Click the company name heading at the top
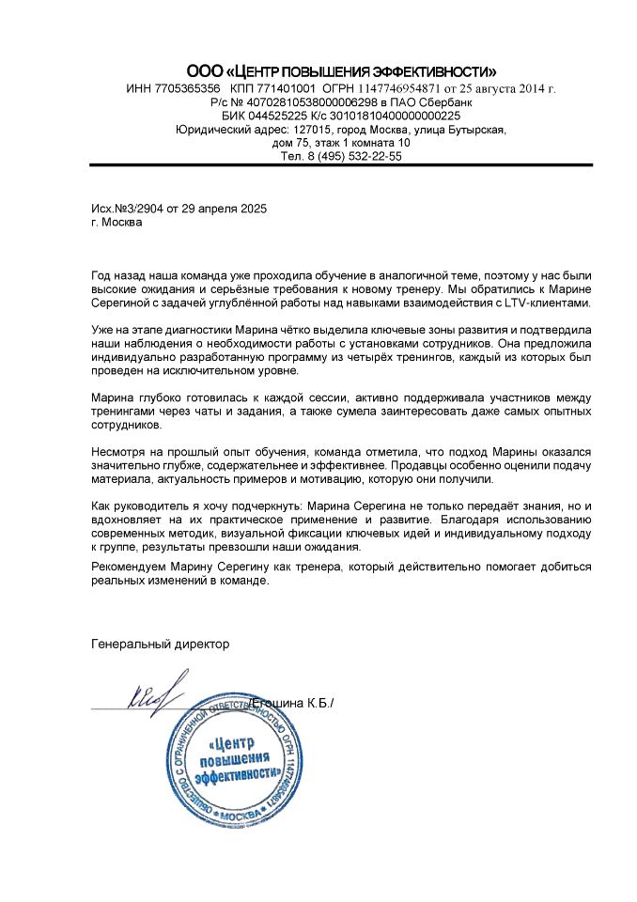(x=341, y=71)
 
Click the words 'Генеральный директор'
(x=160, y=645)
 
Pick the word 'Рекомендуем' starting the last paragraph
(x=131, y=567)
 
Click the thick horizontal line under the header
(x=341, y=165)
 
